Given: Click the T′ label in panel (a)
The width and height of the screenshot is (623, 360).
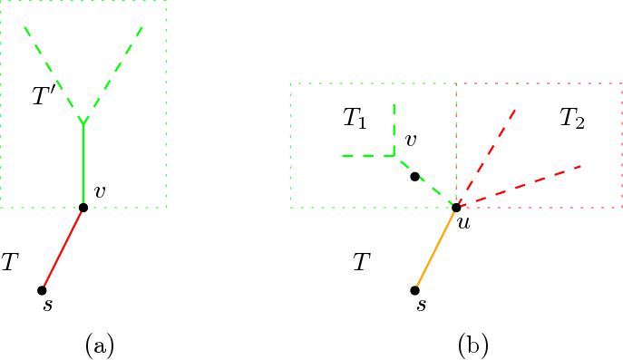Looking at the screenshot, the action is [44, 96].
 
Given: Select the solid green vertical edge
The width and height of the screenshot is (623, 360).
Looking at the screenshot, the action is [83, 163].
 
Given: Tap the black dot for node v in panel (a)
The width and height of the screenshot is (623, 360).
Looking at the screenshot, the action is [83, 208].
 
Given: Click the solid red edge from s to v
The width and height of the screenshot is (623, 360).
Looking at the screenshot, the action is [63, 248].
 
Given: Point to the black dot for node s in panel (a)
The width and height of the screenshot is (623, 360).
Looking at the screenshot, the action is [42, 290].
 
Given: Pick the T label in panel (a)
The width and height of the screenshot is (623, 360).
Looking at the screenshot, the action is [10, 263].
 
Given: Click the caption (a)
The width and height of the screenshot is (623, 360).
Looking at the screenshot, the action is [98, 345].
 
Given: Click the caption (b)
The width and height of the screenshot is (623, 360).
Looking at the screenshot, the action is [473, 345].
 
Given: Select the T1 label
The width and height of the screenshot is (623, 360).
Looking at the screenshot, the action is [355, 118].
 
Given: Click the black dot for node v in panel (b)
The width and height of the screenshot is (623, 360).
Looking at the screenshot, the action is [414, 177].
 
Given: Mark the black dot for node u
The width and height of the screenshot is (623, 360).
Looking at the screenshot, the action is [456, 208].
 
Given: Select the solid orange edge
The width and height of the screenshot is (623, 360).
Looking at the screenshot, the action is [435, 248].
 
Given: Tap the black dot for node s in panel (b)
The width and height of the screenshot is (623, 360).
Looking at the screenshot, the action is [414, 290].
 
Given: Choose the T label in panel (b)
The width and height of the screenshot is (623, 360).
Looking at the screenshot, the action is [361, 263].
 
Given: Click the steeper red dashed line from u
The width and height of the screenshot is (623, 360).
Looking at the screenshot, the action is [486, 159].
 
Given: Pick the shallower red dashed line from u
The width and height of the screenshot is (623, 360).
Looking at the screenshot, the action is [519, 187].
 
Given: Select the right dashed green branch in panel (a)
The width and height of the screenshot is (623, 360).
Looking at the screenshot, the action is [112, 73].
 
